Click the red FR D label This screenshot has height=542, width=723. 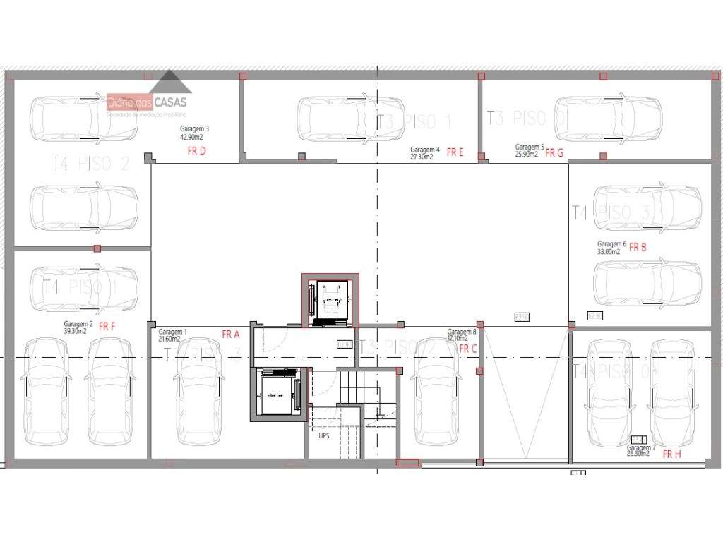[196, 150]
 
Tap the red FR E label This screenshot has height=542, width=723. [455, 152]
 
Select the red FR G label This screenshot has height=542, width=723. [554, 153]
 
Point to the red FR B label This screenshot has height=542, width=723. [638, 248]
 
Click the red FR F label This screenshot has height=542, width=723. [107, 327]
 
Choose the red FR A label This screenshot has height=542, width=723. [231, 335]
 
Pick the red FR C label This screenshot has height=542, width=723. [468, 349]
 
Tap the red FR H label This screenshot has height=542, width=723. [672, 454]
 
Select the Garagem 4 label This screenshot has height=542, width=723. [425, 150]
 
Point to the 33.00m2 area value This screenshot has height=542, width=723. [608, 251]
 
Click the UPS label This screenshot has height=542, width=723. [324, 436]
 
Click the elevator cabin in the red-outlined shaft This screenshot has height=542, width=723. [330, 301]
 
